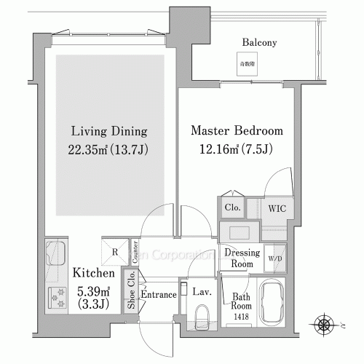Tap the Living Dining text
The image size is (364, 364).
[x=109, y=132]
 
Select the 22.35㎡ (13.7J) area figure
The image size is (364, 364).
[x=109, y=151]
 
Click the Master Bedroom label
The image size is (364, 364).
[x=236, y=132]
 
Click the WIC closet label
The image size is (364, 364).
[x=277, y=208]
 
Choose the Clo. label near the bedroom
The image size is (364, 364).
[x=233, y=207]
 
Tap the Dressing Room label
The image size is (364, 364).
[x=241, y=258]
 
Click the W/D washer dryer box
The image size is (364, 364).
[x=276, y=258]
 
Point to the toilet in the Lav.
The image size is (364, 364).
[x=203, y=314]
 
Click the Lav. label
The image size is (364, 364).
[x=202, y=291]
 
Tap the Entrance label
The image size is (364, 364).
[x=158, y=295]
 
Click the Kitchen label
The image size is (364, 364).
[x=93, y=274]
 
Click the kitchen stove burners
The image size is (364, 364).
[x=55, y=297]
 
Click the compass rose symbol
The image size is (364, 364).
[x=323, y=321]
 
